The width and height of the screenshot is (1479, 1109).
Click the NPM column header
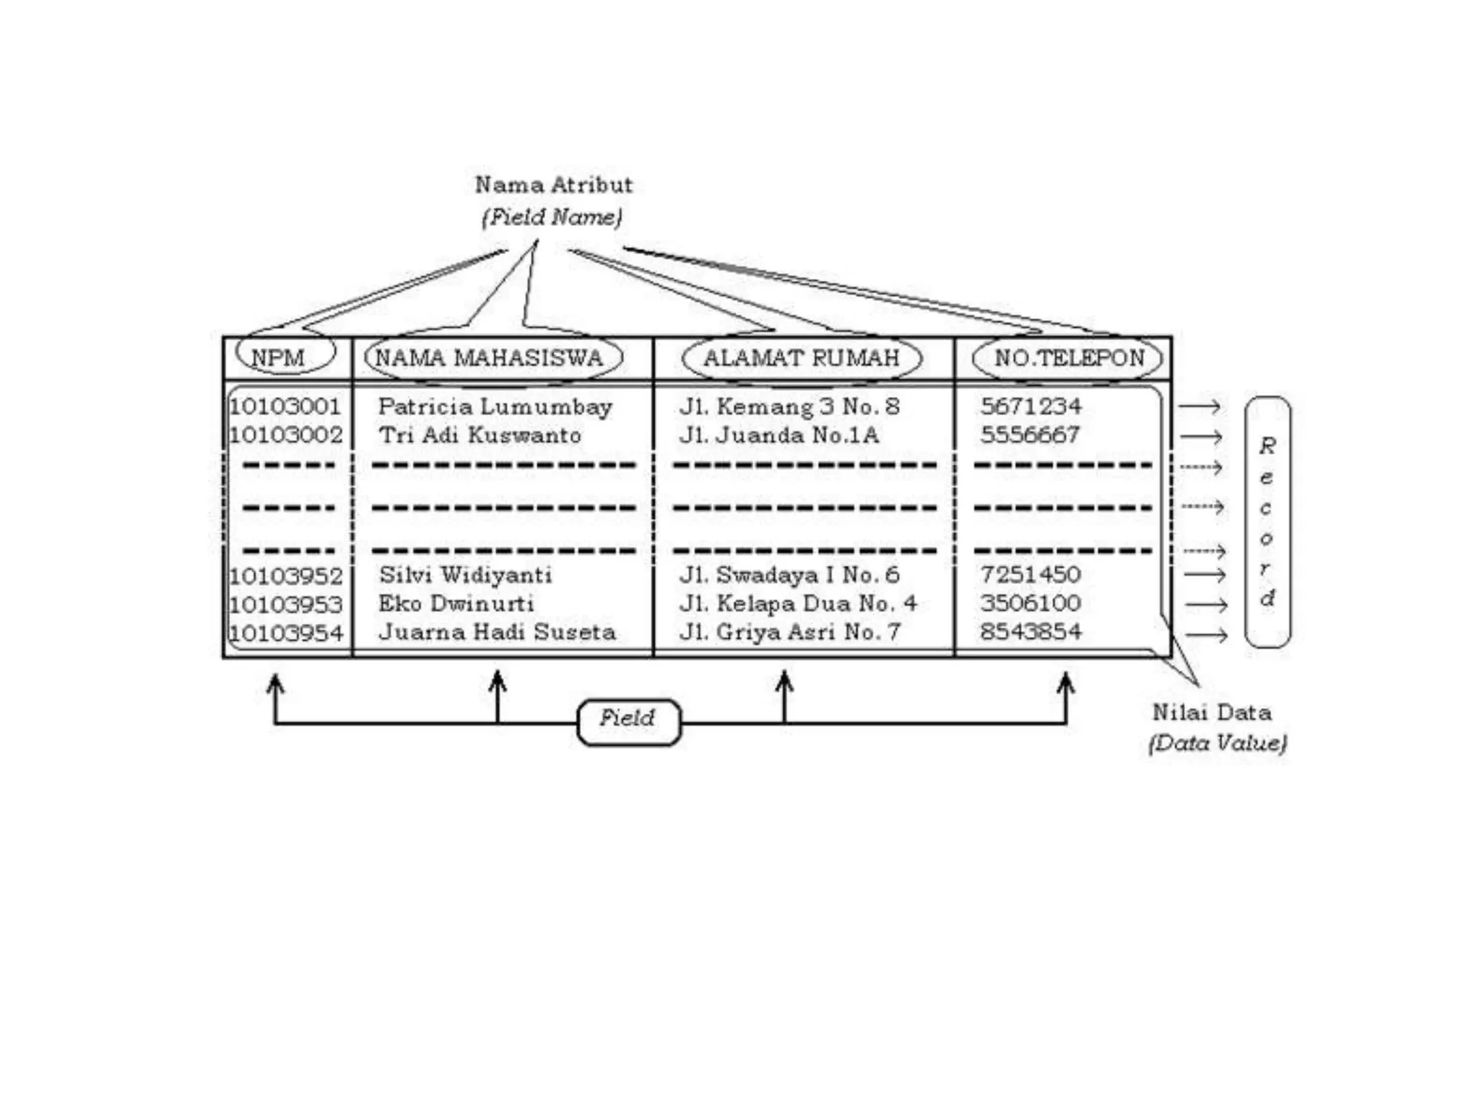tap(278, 357)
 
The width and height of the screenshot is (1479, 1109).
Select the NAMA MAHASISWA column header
tap(489, 357)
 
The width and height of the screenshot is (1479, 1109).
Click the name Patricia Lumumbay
tap(495, 406)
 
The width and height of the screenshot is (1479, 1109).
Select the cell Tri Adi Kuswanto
tap(480, 435)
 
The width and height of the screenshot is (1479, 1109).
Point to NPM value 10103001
tap(285, 406)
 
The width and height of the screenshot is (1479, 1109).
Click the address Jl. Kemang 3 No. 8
tap(789, 406)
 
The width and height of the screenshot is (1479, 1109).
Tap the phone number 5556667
tap(1030, 435)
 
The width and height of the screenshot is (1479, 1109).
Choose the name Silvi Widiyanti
tap(466, 575)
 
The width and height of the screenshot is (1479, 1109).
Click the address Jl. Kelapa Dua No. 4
tap(798, 604)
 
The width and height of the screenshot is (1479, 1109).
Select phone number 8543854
tap(1031, 632)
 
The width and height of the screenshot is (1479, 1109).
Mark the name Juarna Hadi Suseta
tap(497, 632)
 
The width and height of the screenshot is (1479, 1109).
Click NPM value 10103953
tap(286, 604)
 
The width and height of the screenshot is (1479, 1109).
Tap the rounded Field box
tap(628, 721)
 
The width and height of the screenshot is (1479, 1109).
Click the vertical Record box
tap(1267, 521)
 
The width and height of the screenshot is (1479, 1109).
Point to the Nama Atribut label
tap(554, 185)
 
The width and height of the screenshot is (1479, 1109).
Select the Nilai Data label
tap(1212, 713)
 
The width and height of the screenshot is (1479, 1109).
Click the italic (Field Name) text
tap(552, 217)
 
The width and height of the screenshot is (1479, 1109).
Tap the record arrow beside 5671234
tap(1200, 406)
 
